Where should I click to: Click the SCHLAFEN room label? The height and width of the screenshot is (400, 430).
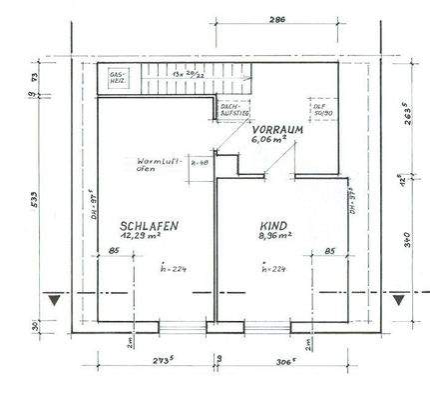[x=150, y=227]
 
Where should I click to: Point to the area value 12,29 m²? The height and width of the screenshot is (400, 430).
[x=149, y=239]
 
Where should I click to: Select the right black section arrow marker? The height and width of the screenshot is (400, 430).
[x=399, y=299]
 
